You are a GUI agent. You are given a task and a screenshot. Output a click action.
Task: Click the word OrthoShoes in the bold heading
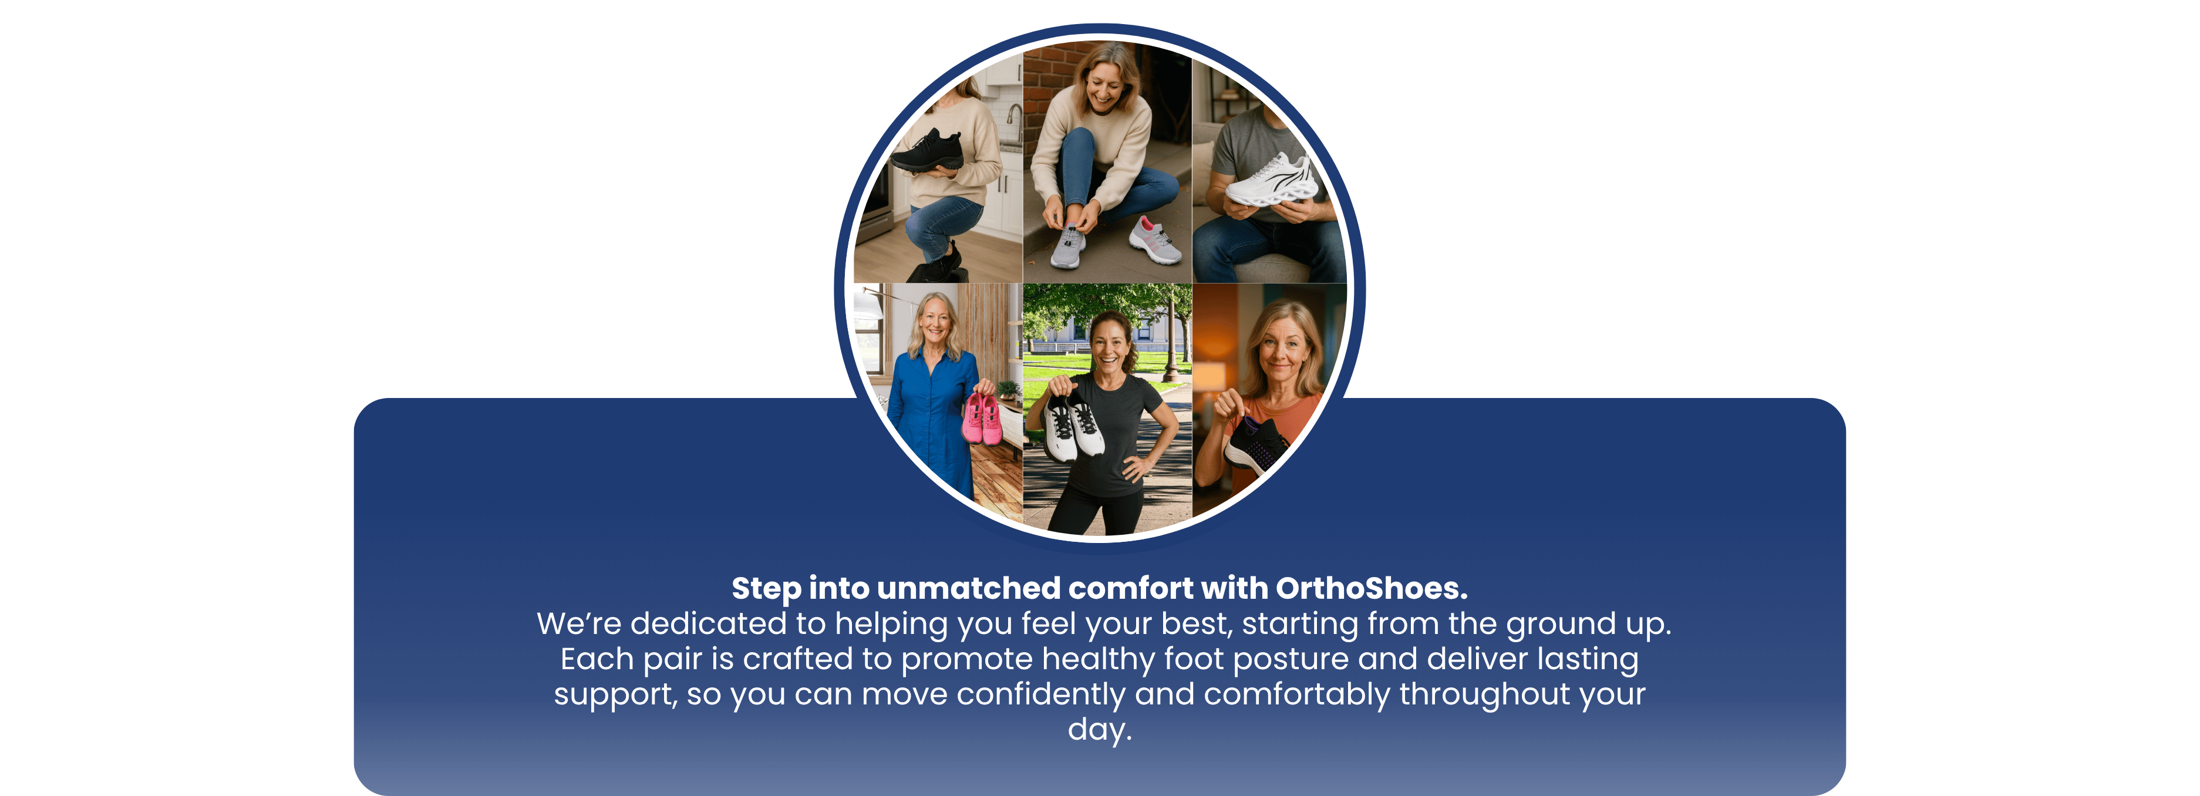(x=1372, y=588)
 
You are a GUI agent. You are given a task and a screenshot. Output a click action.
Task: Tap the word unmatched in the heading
(x=968, y=588)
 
